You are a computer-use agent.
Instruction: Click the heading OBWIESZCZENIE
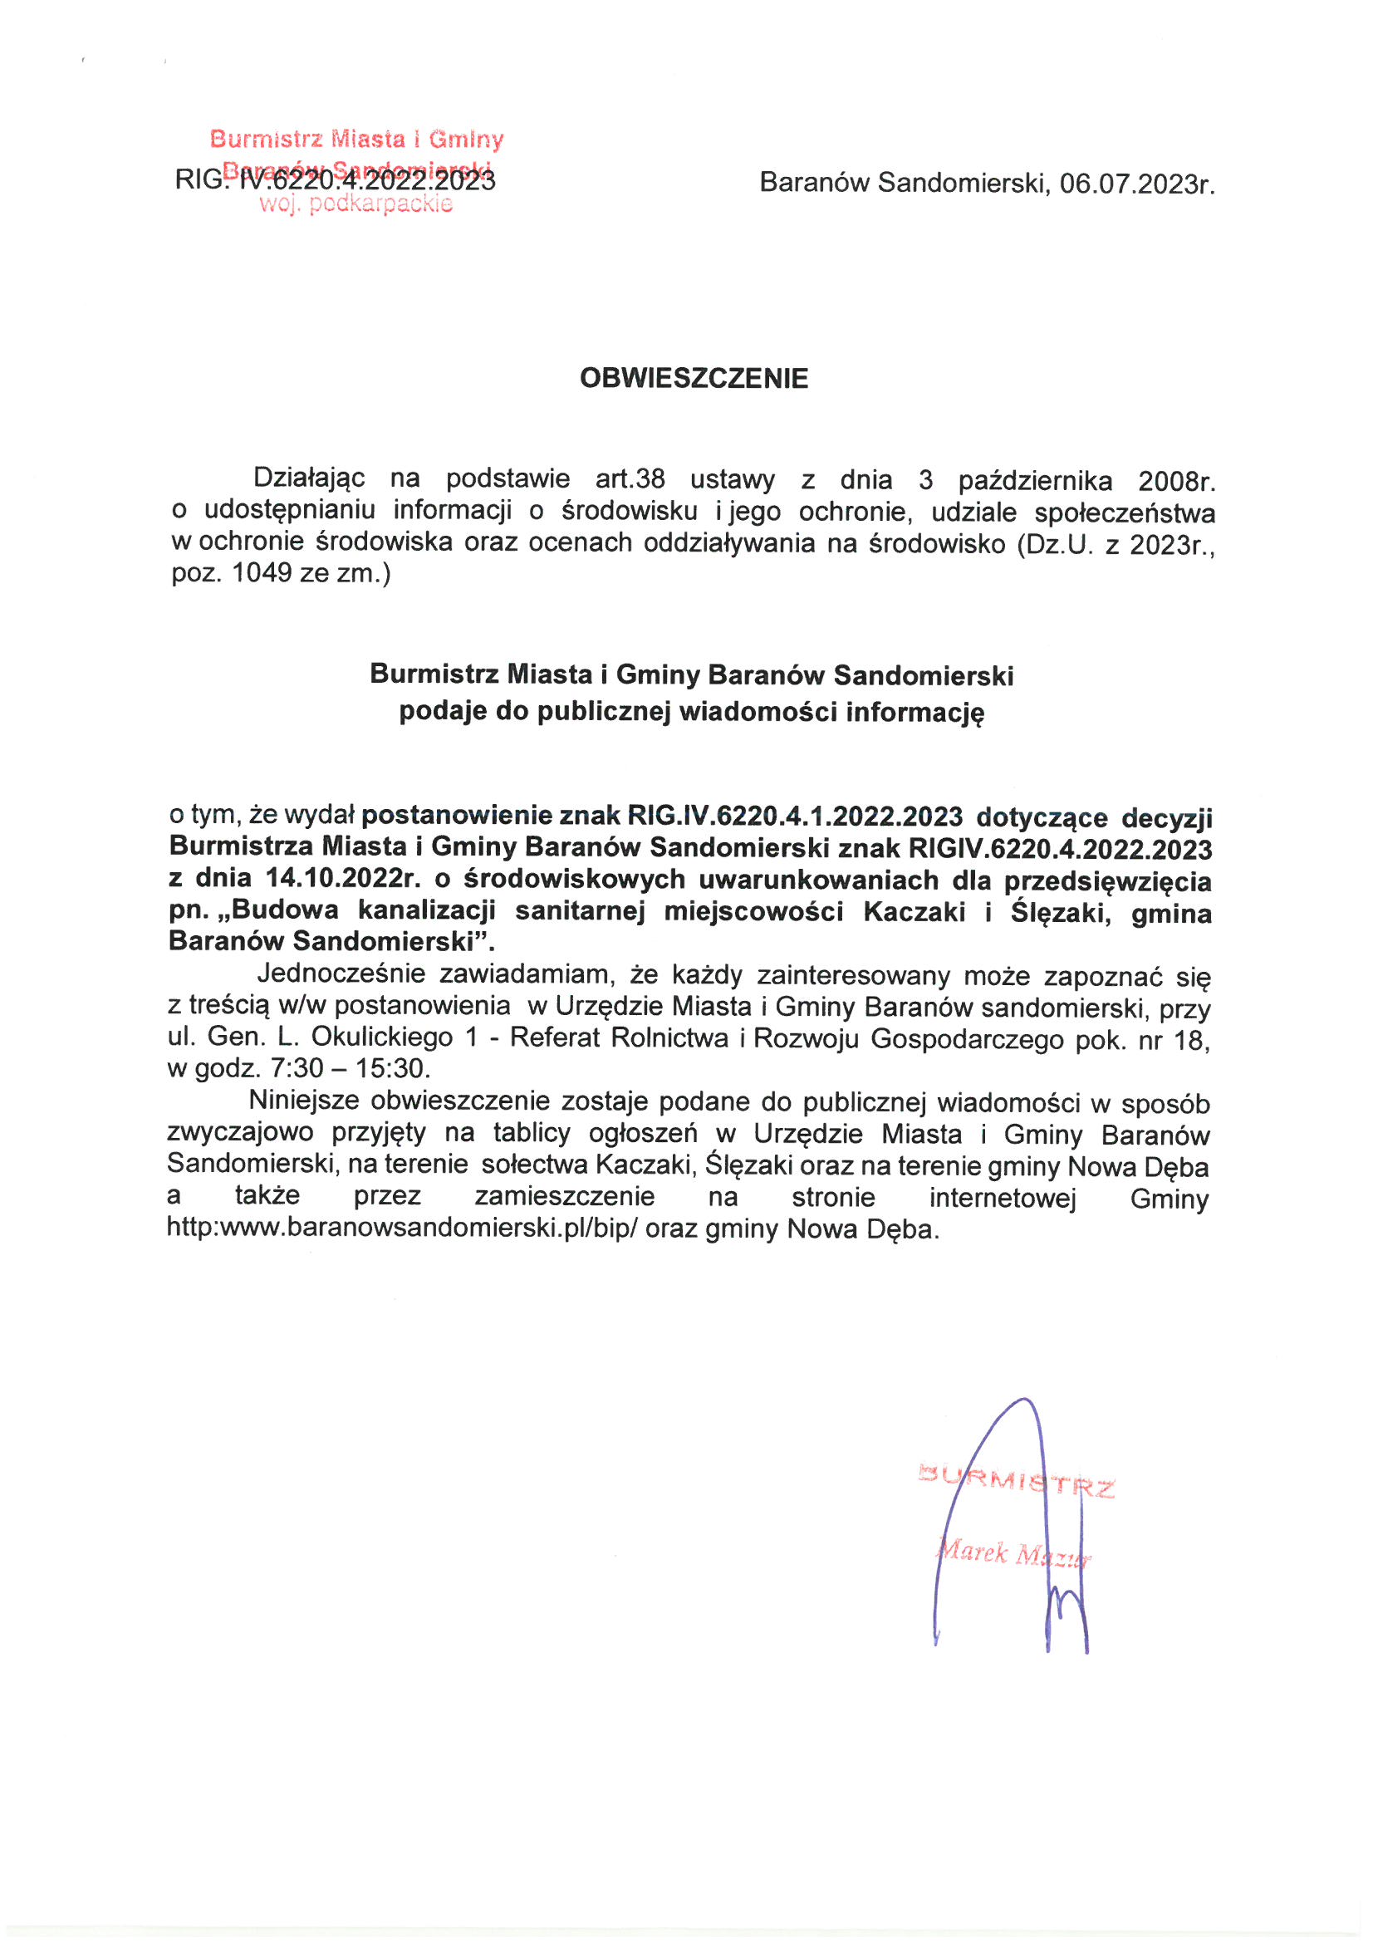694,378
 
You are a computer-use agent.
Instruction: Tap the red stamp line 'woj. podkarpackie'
356,204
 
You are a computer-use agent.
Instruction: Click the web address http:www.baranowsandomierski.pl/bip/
402,1228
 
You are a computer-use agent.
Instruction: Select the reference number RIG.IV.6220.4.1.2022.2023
794,817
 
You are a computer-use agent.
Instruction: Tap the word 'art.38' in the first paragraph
630,478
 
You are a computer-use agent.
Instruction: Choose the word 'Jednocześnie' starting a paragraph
341,973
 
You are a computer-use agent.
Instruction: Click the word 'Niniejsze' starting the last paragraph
304,1101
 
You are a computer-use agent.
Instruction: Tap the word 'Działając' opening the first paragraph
309,478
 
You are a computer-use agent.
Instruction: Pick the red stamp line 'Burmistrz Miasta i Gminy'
356,138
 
